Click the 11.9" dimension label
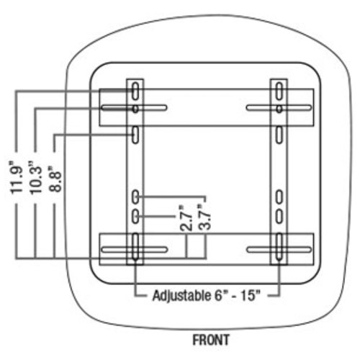coord(16,178)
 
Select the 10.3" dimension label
coord(35,178)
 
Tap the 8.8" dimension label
coord(55,179)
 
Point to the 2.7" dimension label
coord(186,218)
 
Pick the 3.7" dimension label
coord(204,217)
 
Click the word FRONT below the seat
coord(211,340)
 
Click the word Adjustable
coord(181,296)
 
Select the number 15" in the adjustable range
coord(251,295)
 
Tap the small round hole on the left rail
coord(135,109)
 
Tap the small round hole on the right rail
coord(279,109)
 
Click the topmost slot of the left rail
coord(135,91)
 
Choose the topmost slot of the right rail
coord(279,91)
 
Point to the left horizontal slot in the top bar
coord(134,107)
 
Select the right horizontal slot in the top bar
coord(279,107)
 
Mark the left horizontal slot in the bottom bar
coord(134,250)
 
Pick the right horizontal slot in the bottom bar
coord(279,250)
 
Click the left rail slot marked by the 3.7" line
coord(135,197)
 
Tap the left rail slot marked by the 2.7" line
coord(135,217)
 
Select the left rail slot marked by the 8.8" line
coord(135,135)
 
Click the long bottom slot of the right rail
coord(279,247)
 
